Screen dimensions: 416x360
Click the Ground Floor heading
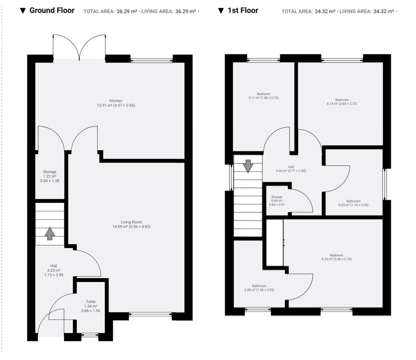52,10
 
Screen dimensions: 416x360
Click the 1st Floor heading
243,10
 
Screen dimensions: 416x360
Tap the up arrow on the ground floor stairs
50,233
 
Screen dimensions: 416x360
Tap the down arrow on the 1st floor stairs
248,166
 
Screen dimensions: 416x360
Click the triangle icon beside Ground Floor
23,11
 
